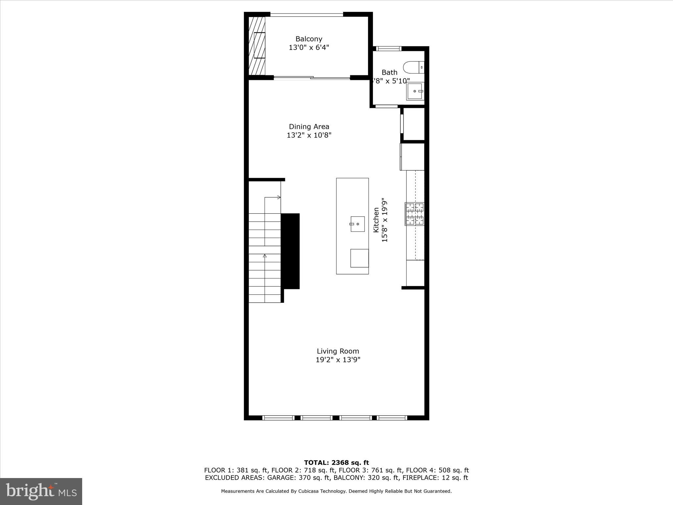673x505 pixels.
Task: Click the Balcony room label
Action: tap(309, 39)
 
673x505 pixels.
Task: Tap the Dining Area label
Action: tap(309, 127)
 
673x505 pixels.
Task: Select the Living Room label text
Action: tap(338, 351)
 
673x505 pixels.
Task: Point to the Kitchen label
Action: tap(376, 220)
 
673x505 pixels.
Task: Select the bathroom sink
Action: tap(415, 91)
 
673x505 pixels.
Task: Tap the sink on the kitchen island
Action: tap(358, 224)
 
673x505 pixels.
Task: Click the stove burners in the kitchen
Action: tap(415, 214)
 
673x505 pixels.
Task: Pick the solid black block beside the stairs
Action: tap(290, 251)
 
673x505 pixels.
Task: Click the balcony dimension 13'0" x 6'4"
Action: tap(309, 48)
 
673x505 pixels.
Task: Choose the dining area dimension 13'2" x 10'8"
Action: tap(309, 135)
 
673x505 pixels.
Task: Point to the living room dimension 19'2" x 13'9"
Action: tap(338, 360)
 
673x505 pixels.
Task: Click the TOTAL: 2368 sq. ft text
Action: tap(336, 463)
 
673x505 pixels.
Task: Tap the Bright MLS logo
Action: tap(41, 491)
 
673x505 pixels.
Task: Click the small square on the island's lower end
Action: tap(359, 258)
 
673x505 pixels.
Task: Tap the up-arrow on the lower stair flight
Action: tap(265, 255)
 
